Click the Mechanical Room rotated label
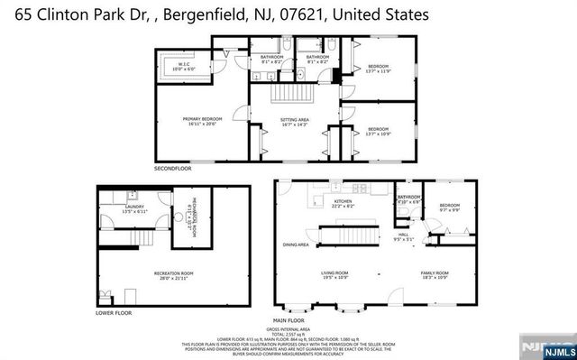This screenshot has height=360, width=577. [190, 217]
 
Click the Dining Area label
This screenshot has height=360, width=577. [296, 245]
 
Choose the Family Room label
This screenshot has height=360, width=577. [435, 274]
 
